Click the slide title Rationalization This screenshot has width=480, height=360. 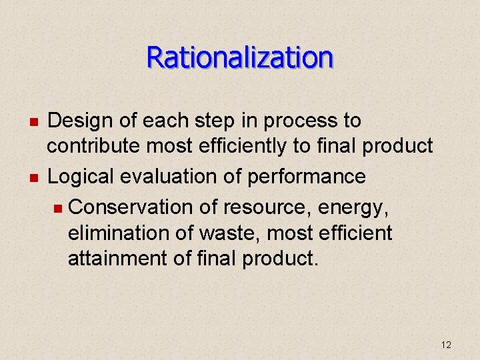pyautogui.click(x=240, y=57)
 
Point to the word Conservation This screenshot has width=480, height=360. pyautogui.click(x=131, y=207)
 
